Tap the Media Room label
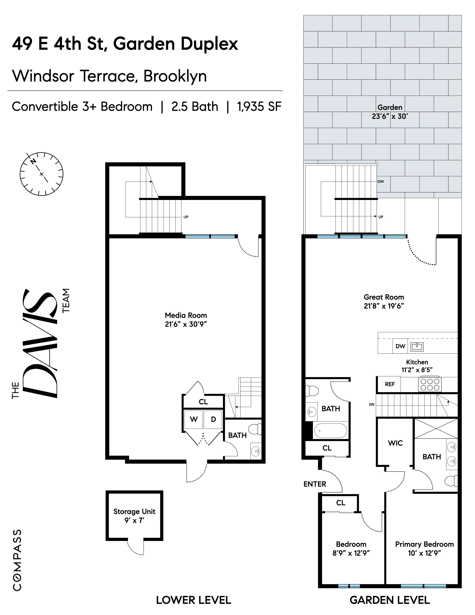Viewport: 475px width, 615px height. coord(186,315)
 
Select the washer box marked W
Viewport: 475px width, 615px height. coord(194,419)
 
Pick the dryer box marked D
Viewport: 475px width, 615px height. coord(213,419)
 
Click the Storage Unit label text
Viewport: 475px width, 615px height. coord(134,511)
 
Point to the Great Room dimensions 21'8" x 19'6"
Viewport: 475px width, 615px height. coord(384,306)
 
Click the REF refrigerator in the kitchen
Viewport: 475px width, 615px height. coord(390,384)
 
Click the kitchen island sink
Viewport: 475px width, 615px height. coord(417,347)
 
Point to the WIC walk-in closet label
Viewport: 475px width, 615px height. coord(395,443)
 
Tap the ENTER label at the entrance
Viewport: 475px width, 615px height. coord(315,484)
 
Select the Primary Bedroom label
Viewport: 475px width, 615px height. coord(424,544)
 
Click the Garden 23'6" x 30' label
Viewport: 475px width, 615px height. coord(390,112)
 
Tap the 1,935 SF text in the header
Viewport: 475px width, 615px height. coord(259,107)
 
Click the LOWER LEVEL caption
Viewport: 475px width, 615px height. coord(194,600)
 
